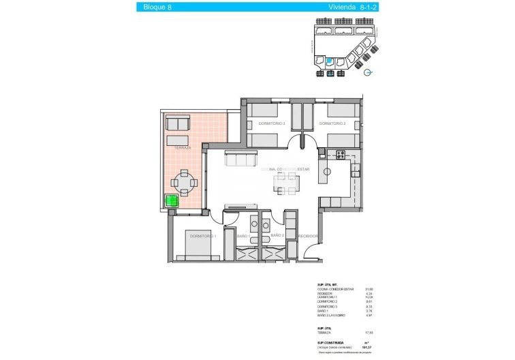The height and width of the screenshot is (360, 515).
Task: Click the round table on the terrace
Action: click(185, 181)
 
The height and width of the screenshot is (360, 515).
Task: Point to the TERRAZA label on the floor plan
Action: click(182, 148)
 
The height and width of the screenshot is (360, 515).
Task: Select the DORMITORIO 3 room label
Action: click(271, 123)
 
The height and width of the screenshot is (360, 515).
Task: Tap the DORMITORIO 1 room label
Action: click(203, 236)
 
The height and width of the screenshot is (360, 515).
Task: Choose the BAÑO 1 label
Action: click(244, 236)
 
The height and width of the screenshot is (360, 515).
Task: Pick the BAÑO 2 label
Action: click(277, 235)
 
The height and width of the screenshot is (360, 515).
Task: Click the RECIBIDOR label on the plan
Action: click(309, 236)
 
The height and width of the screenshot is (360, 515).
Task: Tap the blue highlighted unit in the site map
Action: click(330, 61)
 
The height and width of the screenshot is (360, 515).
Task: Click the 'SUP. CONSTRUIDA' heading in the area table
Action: click(330, 342)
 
